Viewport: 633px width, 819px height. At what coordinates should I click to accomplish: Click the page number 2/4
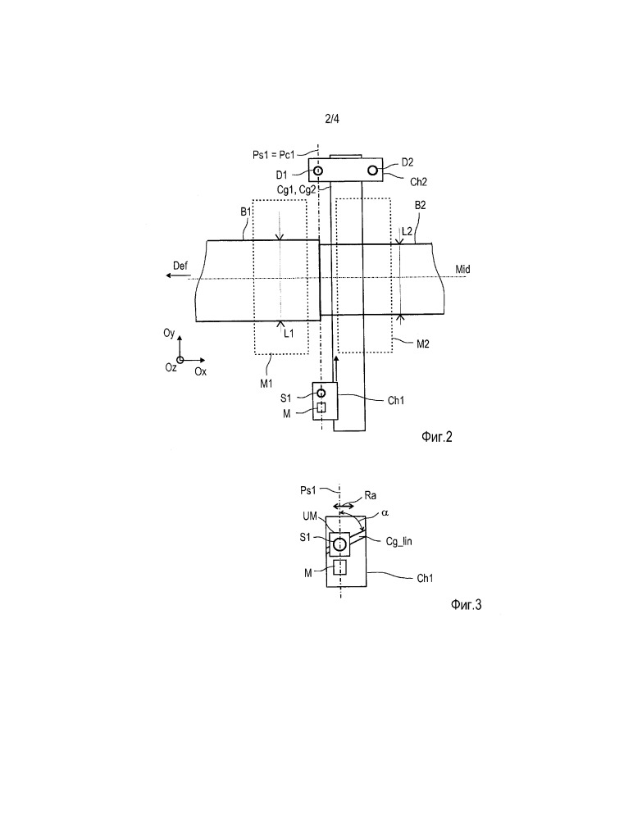331,119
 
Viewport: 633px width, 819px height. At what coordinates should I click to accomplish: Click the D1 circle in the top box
317,171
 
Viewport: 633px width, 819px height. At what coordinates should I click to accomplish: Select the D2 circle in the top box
372,171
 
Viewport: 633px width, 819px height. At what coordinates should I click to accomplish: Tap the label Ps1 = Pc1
274,155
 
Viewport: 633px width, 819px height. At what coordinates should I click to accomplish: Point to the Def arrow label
180,266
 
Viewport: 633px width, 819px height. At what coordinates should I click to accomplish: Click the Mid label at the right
462,270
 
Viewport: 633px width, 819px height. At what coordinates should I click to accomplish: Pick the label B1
246,212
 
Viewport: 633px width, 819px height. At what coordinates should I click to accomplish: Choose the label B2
421,205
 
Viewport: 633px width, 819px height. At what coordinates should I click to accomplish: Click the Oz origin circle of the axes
180,360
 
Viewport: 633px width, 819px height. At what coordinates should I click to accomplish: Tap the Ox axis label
201,371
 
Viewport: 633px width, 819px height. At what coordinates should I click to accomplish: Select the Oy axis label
169,333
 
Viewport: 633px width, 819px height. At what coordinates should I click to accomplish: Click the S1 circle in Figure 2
321,393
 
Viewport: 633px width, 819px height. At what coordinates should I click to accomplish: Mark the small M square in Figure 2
321,407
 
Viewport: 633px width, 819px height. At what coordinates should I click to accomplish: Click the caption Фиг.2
437,437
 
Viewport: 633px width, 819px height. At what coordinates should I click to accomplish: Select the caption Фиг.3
466,605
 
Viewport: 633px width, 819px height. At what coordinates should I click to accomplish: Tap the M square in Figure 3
339,566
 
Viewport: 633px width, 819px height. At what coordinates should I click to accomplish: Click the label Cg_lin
399,542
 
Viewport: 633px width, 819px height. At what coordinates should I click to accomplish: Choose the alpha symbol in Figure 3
385,513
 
